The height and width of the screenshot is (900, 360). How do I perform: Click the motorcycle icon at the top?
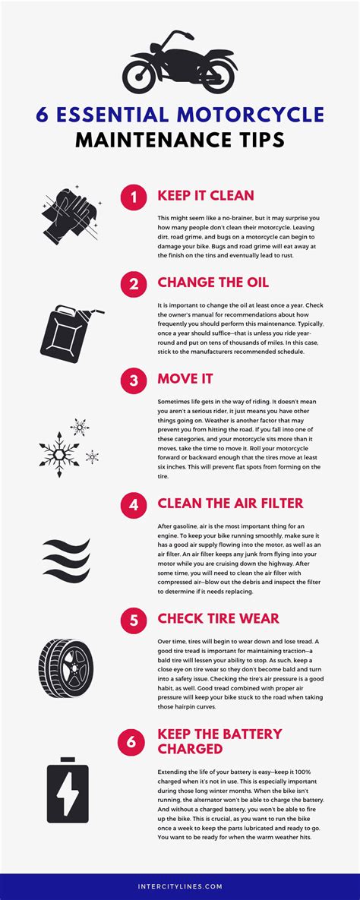179,62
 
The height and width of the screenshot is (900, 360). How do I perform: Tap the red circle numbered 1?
133,197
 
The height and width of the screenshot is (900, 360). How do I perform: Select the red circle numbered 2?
133,284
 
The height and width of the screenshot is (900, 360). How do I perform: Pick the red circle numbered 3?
133,380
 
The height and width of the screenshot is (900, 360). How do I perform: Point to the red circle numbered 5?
133,619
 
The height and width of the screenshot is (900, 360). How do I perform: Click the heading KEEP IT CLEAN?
205,196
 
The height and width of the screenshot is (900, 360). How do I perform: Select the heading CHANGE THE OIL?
213,283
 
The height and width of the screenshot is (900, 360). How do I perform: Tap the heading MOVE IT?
185,379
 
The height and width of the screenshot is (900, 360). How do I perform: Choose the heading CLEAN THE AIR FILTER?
230,502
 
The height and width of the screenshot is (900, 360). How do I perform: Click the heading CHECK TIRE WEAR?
218,618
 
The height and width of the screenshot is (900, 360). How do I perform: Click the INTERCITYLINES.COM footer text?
180,886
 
